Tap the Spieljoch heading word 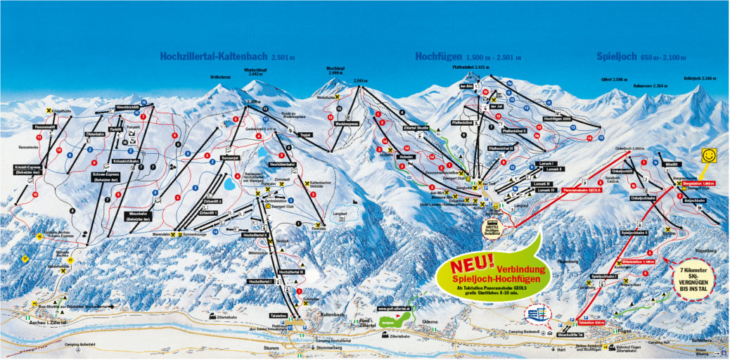(616, 56)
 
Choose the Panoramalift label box (46, 127)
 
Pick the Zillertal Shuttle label (416, 128)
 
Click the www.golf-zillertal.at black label (393, 308)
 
